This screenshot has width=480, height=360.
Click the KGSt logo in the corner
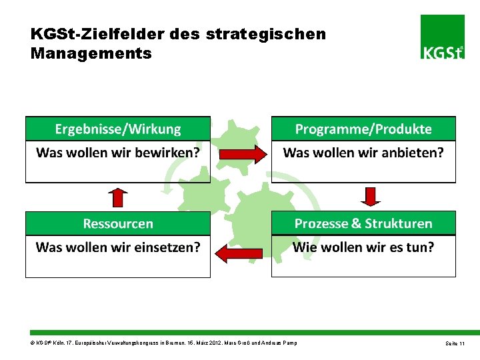pyautogui.click(x=443, y=37)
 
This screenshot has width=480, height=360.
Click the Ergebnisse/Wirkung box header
pyautogui.click(x=118, y=129)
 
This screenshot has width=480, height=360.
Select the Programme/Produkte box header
pyautogui.click(x=363, y=129)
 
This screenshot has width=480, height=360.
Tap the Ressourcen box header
pyautogui.click(x=118, y=223)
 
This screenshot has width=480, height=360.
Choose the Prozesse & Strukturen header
pyautogui.click(x=363, y=223)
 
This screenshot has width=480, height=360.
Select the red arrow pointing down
pyautogui.click(x=371, y=197)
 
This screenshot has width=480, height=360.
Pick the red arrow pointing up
pyautogui.click(x=118, y=197)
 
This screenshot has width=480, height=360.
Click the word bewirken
pyautogui.click(x=167, y=153)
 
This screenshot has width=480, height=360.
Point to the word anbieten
pyautogui.click(x=413, y=153)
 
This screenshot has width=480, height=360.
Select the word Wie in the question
pyautogui.click(x=305, y=247)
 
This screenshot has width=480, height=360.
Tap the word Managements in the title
pyautogui.click(x=91, y=53)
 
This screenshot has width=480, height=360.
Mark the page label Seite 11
pyautogui.click(x=455, y=343)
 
